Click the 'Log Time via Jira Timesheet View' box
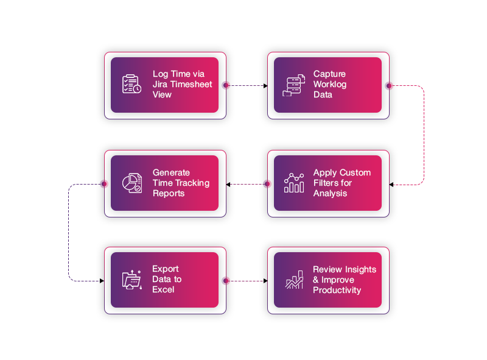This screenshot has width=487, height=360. [x=164, y=85]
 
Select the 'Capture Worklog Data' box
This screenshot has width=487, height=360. [x=328, y=85]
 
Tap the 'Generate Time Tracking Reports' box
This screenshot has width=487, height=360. [x=164, y=183]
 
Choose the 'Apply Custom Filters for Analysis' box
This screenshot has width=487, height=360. [x=328, y=183]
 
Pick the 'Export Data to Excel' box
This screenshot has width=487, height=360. [x=164, y=280]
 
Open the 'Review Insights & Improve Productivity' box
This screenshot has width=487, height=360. [x=328, y=280]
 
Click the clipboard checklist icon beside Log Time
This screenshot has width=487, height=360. [x=131, y=85]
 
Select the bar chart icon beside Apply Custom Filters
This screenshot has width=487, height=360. [x=294, y=183]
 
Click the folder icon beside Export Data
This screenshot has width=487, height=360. [x=131, y=280]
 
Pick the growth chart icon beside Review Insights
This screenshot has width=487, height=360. [x=295, y=280]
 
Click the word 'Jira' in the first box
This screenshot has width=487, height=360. [x=162, y=85]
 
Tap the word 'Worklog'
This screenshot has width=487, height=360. [x=330, y=85]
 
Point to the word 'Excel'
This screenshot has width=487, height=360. [x=164, y=289]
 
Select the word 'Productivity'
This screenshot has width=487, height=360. [x=337, y=290]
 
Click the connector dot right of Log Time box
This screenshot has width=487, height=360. [x=226, y=85]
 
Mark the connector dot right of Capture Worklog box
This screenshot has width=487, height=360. [x=390, y=85]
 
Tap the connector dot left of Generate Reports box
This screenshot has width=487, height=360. [x=103, y=183]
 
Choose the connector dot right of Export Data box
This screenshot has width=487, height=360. [x=226, y=281]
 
